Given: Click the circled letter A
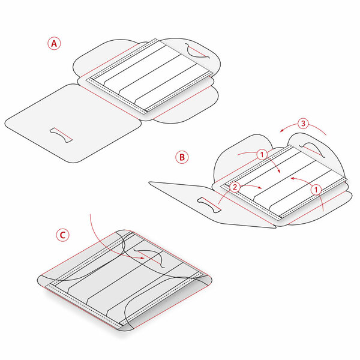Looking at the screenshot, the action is (54, 43).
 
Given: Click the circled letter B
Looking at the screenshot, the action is (182, 157).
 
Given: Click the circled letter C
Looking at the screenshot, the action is (62, 235).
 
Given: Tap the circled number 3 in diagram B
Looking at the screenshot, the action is (303, 124).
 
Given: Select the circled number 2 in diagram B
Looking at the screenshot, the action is (235, 187).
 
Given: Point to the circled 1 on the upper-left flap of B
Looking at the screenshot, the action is (262, 155).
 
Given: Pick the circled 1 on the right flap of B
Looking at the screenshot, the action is (316, 190).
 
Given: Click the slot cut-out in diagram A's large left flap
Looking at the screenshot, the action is (61, 135).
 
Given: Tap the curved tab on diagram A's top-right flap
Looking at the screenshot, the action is (198, 52).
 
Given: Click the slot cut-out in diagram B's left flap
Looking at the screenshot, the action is (209, 205).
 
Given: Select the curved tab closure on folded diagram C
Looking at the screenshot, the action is (149, 258).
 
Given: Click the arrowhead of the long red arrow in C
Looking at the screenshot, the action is (142, 258).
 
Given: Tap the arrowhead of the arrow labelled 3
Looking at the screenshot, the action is (282, 131).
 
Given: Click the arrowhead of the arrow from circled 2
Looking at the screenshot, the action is (260, 188).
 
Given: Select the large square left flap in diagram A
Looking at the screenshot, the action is (73, 123).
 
